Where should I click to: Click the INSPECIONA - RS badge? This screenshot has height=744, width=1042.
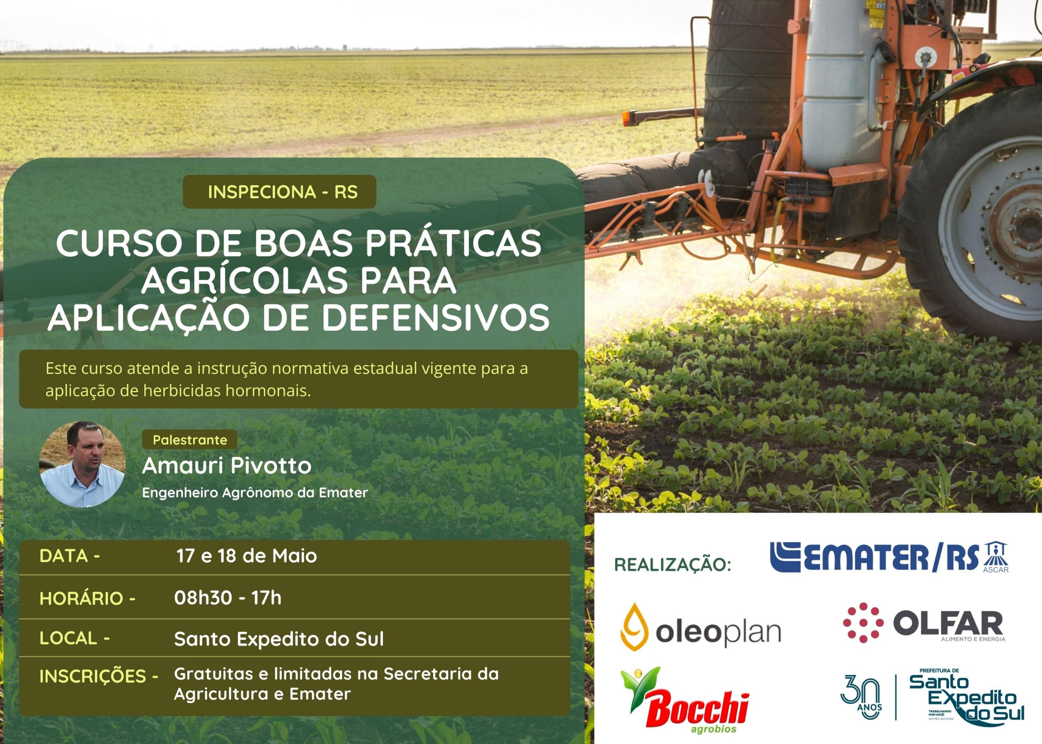point(279,191)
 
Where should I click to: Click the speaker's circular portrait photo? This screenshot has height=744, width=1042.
point(83,464)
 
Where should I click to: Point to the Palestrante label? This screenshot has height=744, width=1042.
point(190,440)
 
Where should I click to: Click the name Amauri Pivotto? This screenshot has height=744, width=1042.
point(227,465)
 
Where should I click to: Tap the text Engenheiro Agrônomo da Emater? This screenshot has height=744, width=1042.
point(255,492)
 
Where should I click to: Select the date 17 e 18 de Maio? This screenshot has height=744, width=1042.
point(247,556)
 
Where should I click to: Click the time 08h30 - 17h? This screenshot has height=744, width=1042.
point(228,598)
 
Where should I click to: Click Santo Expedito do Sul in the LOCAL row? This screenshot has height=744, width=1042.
point(279,639)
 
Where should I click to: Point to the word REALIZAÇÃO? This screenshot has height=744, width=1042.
point(672,564)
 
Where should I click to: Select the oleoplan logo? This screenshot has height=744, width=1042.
point(701,627)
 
